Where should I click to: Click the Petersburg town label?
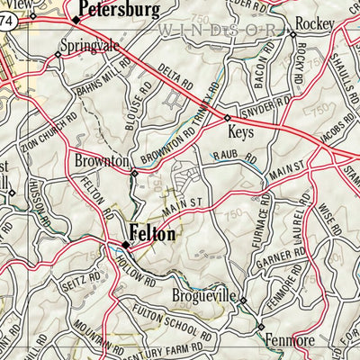pyautogui.click(x=120, y=11)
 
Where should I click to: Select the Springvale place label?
pyautogui.click(x=90, y=44)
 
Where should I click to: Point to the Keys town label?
pyautogui.click(x=241, y=131)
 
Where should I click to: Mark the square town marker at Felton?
pyautogui.click(x=126, y=243)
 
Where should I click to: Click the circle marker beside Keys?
pyautogui.click(x=227, y=118)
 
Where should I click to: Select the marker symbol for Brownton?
pyautogui.click(x=134, y=173)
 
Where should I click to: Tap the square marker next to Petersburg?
pyautogui.click(x=76, y=18)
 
